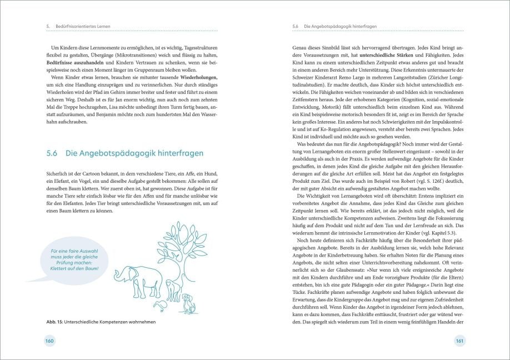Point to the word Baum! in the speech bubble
pos(90,268)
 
